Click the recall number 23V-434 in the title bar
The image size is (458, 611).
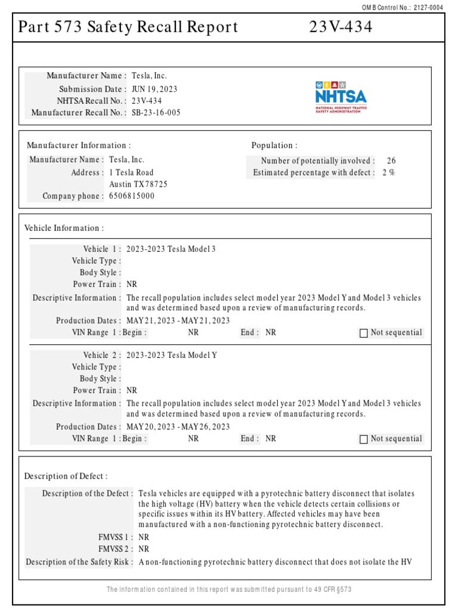pos(341,27)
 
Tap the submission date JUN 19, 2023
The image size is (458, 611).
pos(154,89)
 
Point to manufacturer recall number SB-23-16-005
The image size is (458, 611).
pos(156,112)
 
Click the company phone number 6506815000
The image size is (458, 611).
pos(131,196)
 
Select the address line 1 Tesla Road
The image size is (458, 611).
pos(131,172)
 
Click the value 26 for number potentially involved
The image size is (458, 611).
pos(391,161)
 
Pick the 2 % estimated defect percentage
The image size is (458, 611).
pos(388,172)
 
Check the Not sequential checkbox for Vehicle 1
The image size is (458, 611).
pos(364,333)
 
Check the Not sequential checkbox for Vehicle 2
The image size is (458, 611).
pos(364,439)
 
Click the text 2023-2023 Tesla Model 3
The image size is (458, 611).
pos(171,249)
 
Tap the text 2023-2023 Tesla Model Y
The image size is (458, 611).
pos(172,355)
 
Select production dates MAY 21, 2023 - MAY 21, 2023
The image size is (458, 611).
pos(178,320)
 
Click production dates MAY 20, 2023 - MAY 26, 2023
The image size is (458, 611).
pos(178,427)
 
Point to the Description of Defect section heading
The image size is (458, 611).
pos(66,476)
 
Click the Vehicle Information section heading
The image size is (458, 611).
pos(64,228)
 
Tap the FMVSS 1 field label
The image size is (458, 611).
pos(116,537)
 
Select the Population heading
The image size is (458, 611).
pos(274,145)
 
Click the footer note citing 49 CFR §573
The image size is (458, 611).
pos(229,590)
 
